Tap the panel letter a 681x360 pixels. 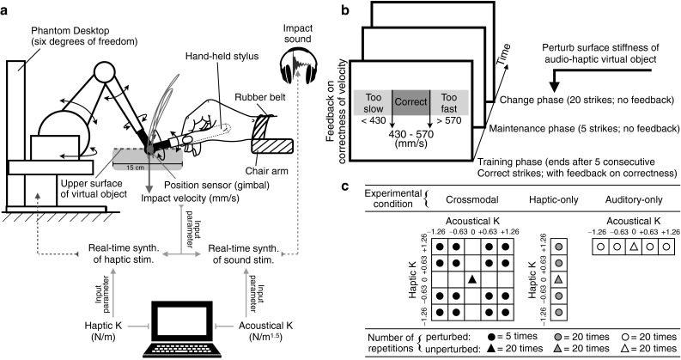[x=6, y=8]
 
